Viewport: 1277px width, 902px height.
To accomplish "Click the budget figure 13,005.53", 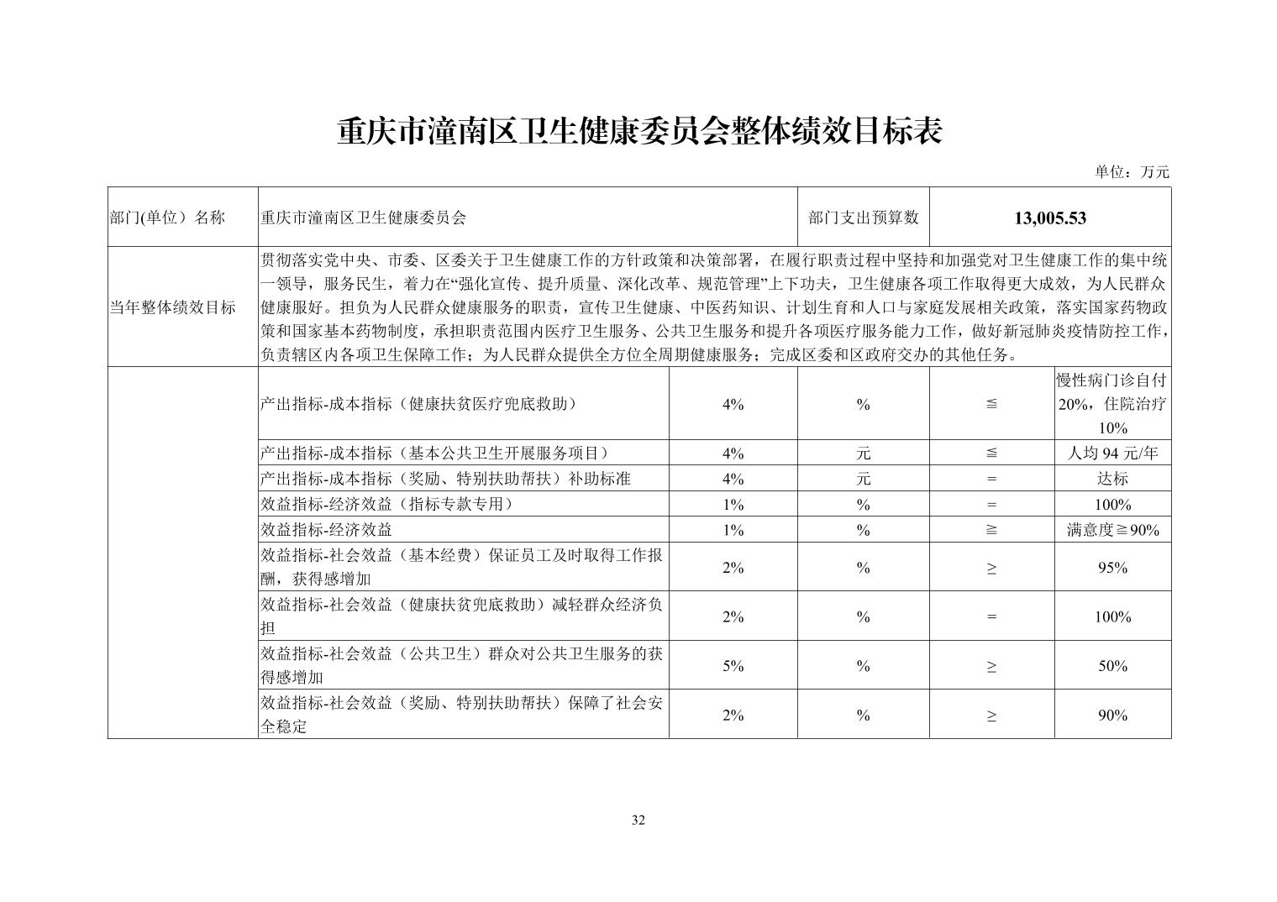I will [x=1050, y=218].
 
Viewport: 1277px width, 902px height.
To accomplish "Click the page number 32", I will [x=638, y=820].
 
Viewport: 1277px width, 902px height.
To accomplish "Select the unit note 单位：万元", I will [x=1131, y=172].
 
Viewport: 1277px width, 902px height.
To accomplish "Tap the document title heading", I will [x=638, y=132].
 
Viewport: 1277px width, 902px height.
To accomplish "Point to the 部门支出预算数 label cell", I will [x=863, y=218].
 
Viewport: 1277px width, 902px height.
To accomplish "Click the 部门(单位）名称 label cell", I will [x=167, y=218].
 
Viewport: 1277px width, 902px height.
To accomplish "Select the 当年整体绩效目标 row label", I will [x=172, y=307].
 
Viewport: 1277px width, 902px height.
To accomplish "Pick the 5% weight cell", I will [x=733, y=666].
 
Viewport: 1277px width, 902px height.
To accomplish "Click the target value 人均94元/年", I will [x=1112, y=454].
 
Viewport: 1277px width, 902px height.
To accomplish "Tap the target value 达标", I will [x=1112, y=479].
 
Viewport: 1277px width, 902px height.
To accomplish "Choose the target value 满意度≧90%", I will [x=1112, y=530].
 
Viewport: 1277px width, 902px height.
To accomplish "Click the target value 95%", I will [x=1112, y=568].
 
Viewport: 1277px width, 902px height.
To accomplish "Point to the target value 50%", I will [x=1112, y=666].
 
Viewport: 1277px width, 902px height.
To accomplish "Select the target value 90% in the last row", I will [x=1112, y=716].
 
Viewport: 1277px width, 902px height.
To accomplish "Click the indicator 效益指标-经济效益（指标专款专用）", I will [x=386, y=505].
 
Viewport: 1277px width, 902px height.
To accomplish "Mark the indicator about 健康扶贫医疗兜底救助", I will [x=419, y=404].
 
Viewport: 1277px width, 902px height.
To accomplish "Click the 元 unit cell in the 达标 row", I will [x=863, y=479].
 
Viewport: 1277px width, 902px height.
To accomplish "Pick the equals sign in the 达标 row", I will [x=991, y=479].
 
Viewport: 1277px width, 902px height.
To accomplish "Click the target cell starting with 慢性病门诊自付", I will [x=1112, y=404].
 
